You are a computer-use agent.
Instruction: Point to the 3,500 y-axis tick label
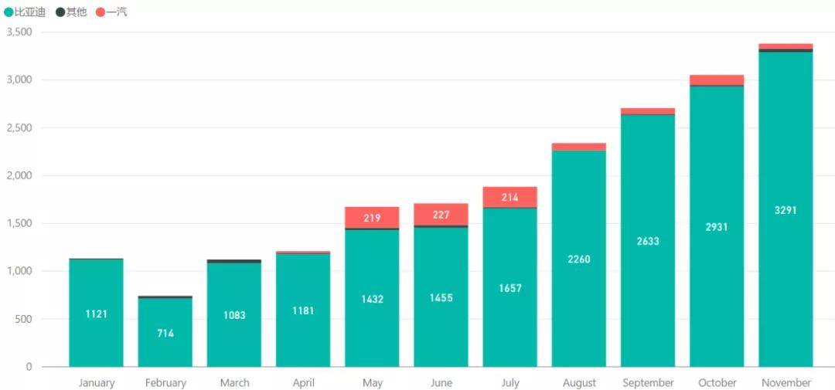19,32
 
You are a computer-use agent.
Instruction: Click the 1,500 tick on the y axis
19,223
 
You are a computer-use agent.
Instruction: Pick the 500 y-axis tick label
24,319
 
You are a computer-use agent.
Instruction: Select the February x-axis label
165,383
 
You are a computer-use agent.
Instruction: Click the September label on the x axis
648,383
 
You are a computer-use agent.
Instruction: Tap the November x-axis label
786,383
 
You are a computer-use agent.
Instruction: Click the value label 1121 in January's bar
97,314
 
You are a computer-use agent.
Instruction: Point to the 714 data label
165,334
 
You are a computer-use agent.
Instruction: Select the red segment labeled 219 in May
372,218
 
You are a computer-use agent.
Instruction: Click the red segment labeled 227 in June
441,215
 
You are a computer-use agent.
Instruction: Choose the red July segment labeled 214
510,198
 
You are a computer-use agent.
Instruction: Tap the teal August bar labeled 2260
578,259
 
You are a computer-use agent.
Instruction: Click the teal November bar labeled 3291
786,210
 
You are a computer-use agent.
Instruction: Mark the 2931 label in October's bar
717,227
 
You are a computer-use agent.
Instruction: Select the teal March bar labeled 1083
234,315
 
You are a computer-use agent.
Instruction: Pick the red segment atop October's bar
717,80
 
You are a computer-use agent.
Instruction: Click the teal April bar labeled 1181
303,310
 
